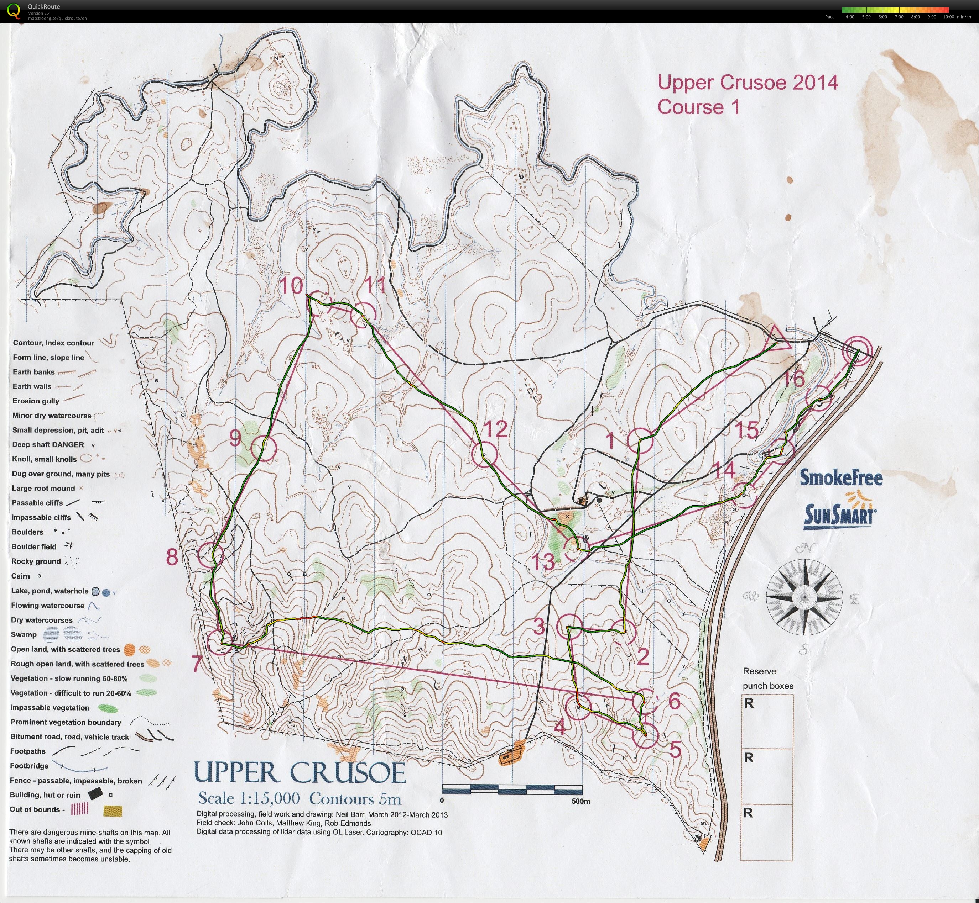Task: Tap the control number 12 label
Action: (495, 429)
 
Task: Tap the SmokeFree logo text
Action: (840, 478)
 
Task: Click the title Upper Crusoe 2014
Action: (747, 82)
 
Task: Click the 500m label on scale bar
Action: (580, 801)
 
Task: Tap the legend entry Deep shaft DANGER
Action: (48, 445)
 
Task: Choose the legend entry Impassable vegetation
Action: (50, 708)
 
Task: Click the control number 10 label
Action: (291, 285)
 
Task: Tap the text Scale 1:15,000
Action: (249, 798)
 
